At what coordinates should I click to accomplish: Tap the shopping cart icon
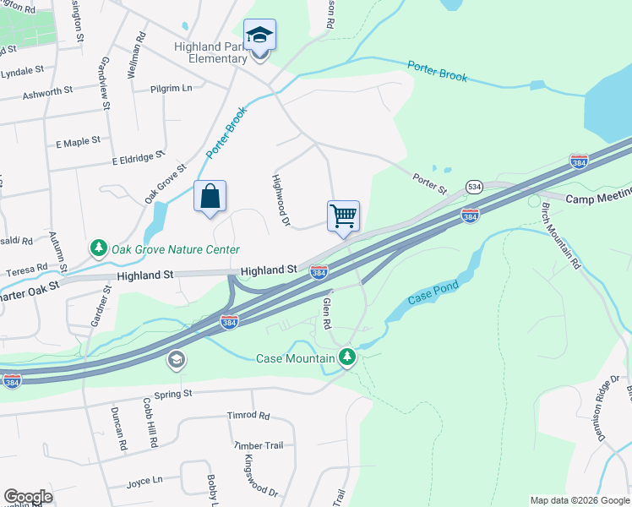(344, 216)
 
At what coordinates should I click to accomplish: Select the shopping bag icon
(210, 197)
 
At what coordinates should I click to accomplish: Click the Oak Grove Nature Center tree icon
(99, 249)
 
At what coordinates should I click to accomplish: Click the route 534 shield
(475, 187)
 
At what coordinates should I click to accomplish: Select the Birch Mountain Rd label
(561, 236)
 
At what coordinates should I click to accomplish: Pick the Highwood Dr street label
(281, 201)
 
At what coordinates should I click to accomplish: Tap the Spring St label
(173, 394)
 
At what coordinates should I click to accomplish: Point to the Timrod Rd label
(248, 416)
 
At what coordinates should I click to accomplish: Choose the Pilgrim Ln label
(172, 88)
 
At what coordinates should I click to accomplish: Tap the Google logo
(28, 497)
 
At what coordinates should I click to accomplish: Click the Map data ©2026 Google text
(579, 500)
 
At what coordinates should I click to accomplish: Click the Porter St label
(429, 180)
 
